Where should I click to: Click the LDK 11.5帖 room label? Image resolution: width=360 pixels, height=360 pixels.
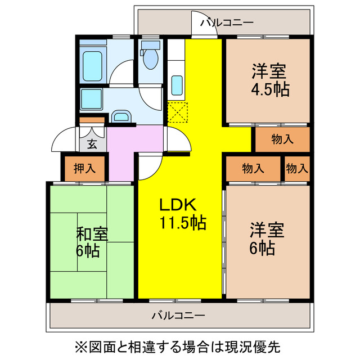(181, 213)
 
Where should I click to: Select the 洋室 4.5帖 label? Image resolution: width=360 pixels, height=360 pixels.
(269, 80)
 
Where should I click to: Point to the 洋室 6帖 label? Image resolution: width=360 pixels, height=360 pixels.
(267, 238)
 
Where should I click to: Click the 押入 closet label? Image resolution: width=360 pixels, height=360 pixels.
(84, 168)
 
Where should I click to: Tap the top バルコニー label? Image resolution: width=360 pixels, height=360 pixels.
(227, 22)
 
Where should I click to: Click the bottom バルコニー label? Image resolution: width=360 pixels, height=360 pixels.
(178, 315)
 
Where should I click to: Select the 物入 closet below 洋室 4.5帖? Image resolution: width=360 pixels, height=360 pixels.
(282, 138)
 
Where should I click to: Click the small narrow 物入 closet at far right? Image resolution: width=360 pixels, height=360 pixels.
(296, 168)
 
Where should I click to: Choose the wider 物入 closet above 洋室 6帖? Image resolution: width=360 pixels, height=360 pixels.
(253, 168)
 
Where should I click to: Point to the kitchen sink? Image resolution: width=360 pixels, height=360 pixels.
(177, 85)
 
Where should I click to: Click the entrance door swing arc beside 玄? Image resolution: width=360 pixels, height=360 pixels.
(63, 141)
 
